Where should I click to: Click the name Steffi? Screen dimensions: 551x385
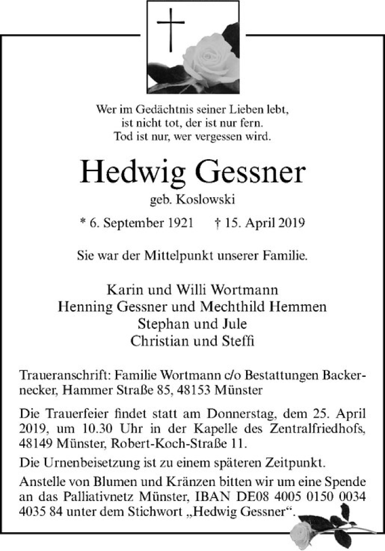236,341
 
